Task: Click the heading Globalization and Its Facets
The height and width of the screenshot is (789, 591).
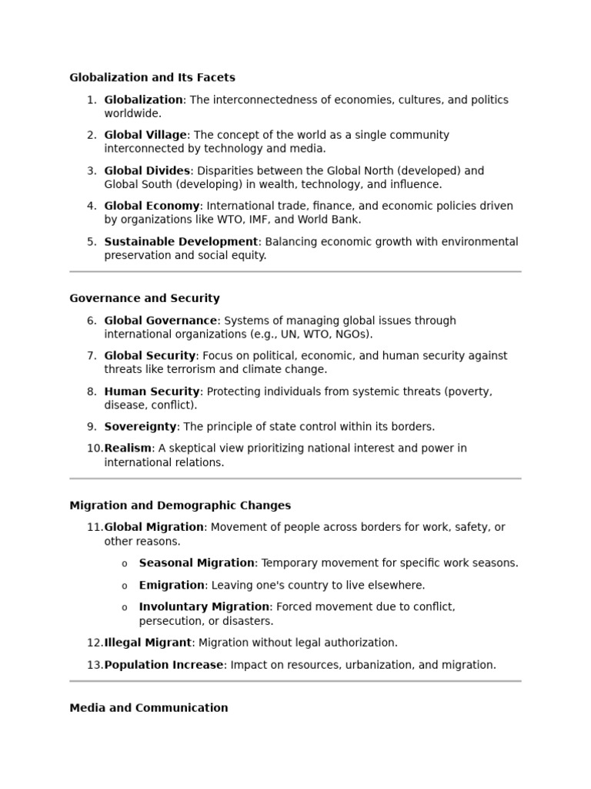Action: (x=152, y=78)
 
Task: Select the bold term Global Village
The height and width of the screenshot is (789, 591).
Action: (x=145, y=135)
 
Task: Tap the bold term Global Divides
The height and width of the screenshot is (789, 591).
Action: (x=147, y=170)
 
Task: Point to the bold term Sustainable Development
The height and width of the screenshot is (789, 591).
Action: (x=181, y=242)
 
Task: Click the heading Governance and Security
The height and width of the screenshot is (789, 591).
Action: (x=145, y=298)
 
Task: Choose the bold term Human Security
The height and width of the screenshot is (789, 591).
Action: (x=152, y=391)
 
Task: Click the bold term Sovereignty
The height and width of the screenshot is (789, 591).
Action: (x=141, y=427)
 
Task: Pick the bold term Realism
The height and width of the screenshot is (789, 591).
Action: (x=128, y=448)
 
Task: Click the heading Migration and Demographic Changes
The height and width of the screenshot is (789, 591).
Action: (x=180, y=506)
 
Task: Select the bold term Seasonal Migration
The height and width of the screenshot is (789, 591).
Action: (x=196, y=563)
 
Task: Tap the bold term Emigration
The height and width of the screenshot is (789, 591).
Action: (x=172, y=586)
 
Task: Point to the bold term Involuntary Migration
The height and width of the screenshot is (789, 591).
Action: (x=204, y=607)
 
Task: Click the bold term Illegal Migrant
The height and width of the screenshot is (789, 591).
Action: (x=148, y=643)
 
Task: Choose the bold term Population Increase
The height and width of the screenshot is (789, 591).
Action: (x=164, y=665)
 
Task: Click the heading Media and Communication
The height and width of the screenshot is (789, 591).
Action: (x=149, y=708)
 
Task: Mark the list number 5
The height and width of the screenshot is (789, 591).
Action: (x=92, y=242)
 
